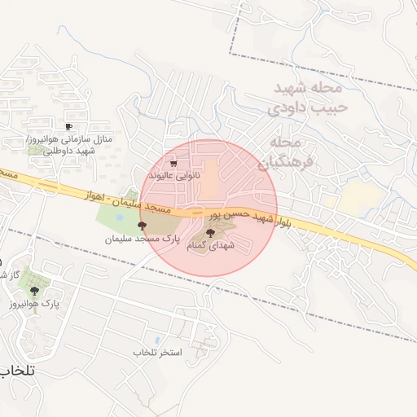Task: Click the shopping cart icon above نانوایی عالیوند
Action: pos(173,163)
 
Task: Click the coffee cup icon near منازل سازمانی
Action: pos(68,126)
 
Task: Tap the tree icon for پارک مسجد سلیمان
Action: pos(143,226)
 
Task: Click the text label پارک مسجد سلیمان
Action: pos(141,239)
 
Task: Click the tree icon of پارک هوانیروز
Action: pos(33,290)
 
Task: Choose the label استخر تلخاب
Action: pos(156,352)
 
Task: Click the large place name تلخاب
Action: pos(16,371)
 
